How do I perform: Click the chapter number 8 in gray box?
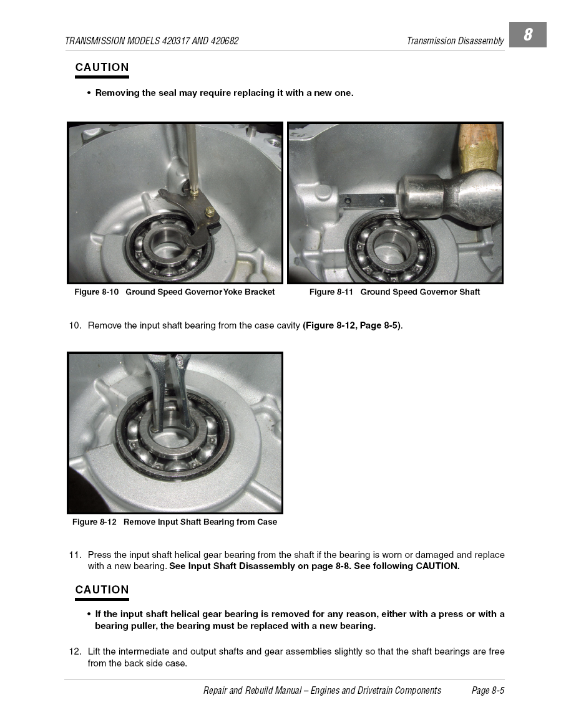click(528, 34)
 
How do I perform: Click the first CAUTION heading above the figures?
click(102, 67)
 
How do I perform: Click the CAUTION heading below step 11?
click(102, 590)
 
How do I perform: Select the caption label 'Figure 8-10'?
click(96, 292)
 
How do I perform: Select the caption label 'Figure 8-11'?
click(331, 292)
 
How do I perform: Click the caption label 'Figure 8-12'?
click(94, 522)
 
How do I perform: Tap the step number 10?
click(75, 326)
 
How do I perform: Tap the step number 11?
click(75, 555)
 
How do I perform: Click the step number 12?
click(75, 652)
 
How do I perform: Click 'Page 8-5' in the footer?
click(488, 691)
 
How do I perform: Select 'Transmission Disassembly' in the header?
click(455, 41)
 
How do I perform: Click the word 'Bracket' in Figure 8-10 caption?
click(259, 292)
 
